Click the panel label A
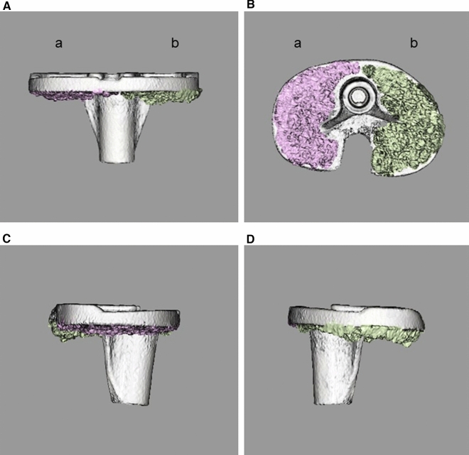tap(6, 6)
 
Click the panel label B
tap(251, 5)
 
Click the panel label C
tap(6, 239)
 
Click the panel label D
tap(251, 239)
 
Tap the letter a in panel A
tap(58, 43)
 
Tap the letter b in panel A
tap(175, 43)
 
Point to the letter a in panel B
tap(297, 43)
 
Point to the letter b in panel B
tap(414, 43)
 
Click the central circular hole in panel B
tap(357, 97)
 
